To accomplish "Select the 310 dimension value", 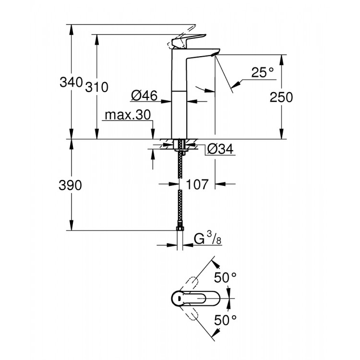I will tap(96, 87).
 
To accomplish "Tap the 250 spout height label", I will tap(281, 97).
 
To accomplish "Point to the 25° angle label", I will tap(262, 72).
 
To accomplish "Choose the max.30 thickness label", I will tap(128, 115).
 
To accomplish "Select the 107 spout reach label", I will tap(197, 184).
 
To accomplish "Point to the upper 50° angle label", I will tap(226, 277).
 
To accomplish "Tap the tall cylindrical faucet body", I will tap(180, 96).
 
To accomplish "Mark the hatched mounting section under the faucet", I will tap(180, 143).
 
